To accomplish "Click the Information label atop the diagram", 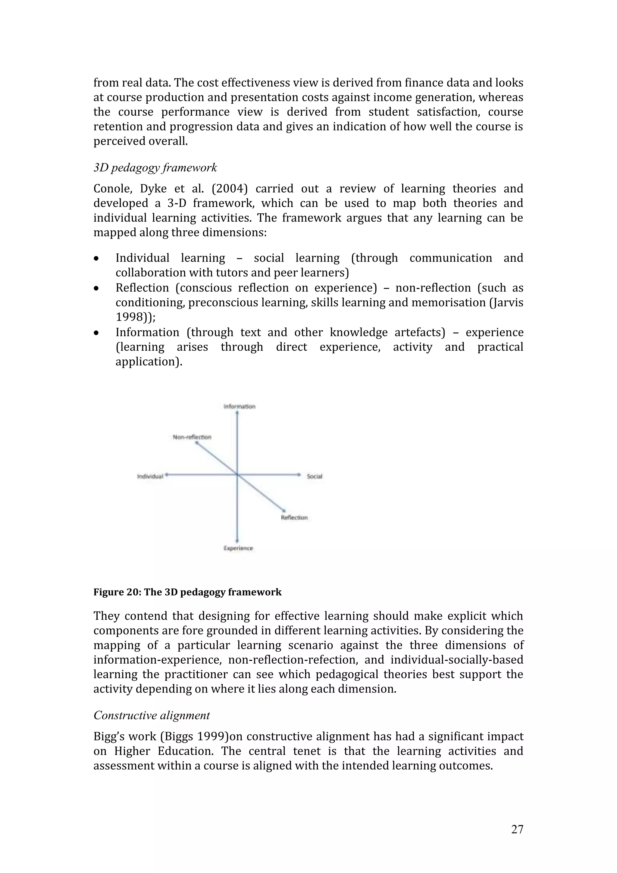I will coord(240,406).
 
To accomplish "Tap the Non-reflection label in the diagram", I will coord(192,437).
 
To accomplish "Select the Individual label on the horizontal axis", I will coord(150,477).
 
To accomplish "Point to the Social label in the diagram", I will coord(315,477).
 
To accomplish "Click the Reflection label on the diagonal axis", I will coord(294,518).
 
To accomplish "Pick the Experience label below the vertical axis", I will coord(238,548).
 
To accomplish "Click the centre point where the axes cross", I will coord(237,474).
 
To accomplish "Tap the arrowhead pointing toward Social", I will coord(299,474).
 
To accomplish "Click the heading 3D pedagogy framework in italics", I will coord(155,168).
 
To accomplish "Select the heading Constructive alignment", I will coord(151,715).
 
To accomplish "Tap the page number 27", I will coord(517,829).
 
